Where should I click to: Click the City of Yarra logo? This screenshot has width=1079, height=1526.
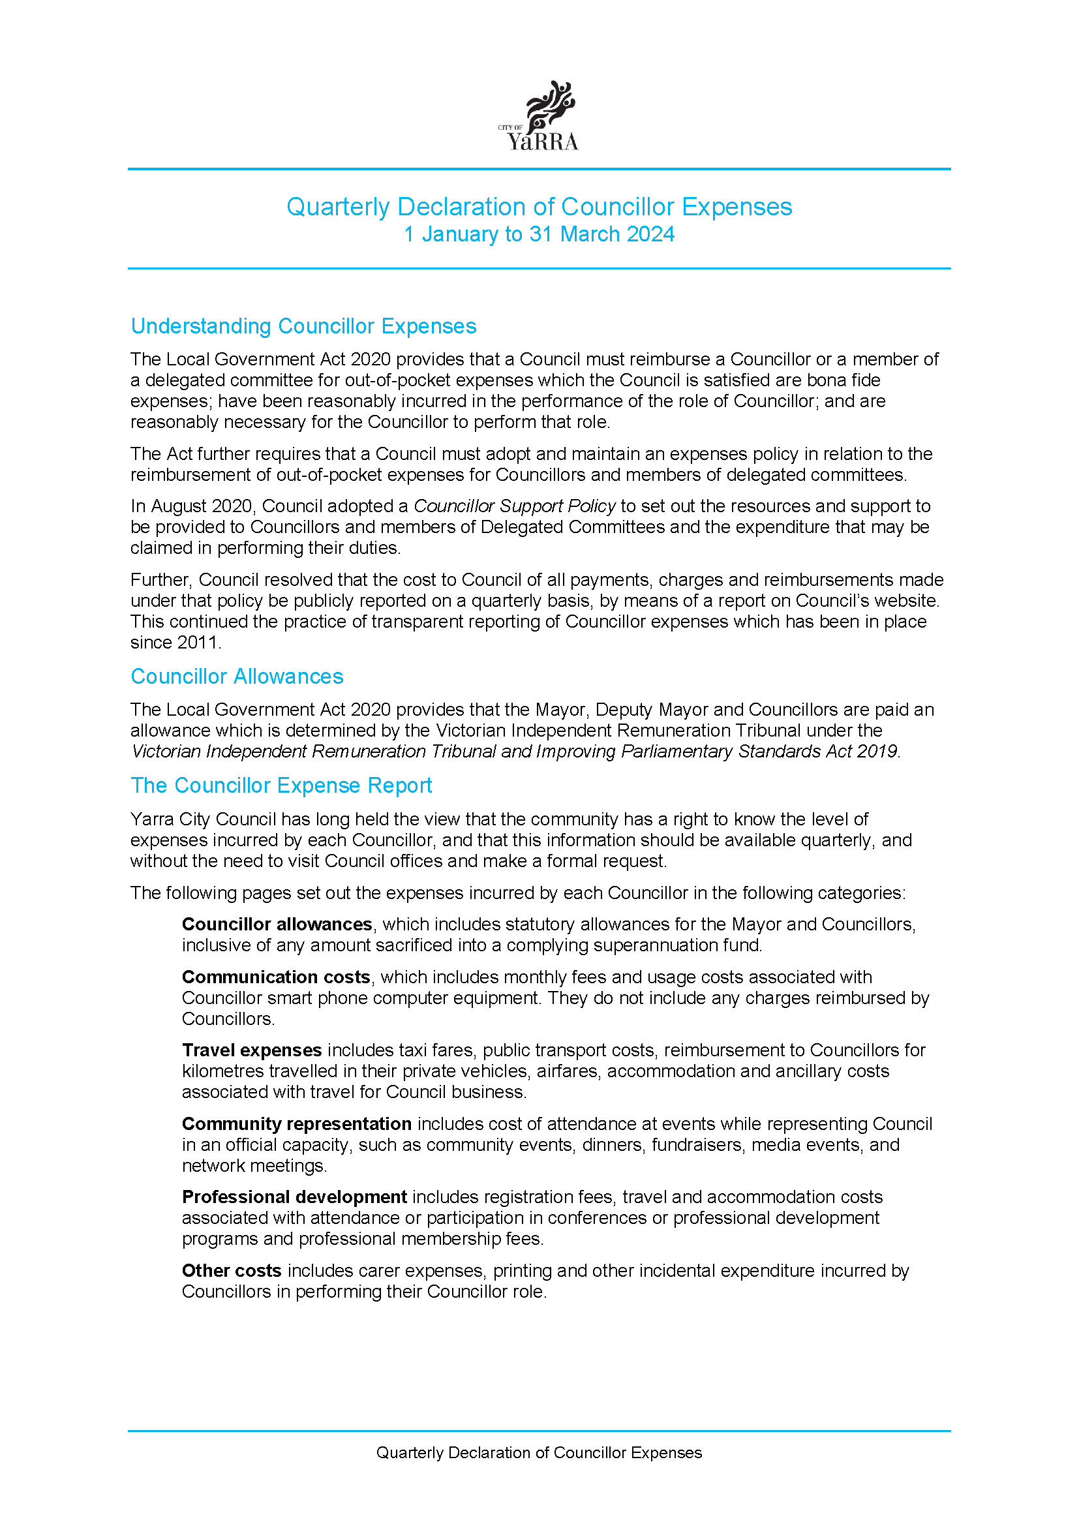coord(539,117)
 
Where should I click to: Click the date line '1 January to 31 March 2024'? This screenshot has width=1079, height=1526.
coord(539,235)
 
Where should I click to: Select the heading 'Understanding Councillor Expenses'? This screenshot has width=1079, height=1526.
coord(303,326)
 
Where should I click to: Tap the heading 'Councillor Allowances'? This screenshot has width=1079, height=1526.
coord(237,677)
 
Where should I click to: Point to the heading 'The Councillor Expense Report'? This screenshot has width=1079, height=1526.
coord(281,786)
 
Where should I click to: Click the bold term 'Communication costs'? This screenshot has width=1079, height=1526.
coord(276,977)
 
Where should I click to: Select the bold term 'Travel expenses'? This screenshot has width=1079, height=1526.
coord(252,1050)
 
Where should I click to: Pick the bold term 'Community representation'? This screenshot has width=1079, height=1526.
coord(296,1124)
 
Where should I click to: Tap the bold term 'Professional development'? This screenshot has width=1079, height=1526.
coord(294,1197)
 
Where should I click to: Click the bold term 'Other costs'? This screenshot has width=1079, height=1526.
coord(231,1271)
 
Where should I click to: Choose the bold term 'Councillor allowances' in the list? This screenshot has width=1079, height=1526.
coord(277,924)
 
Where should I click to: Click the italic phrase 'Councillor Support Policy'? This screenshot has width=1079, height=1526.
coord(514,506)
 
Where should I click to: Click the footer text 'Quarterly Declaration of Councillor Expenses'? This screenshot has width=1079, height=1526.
coord(539,1453)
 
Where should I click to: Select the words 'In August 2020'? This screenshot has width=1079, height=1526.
coord(190,506)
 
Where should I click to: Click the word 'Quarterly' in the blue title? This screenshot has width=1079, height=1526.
coord(337,207)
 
